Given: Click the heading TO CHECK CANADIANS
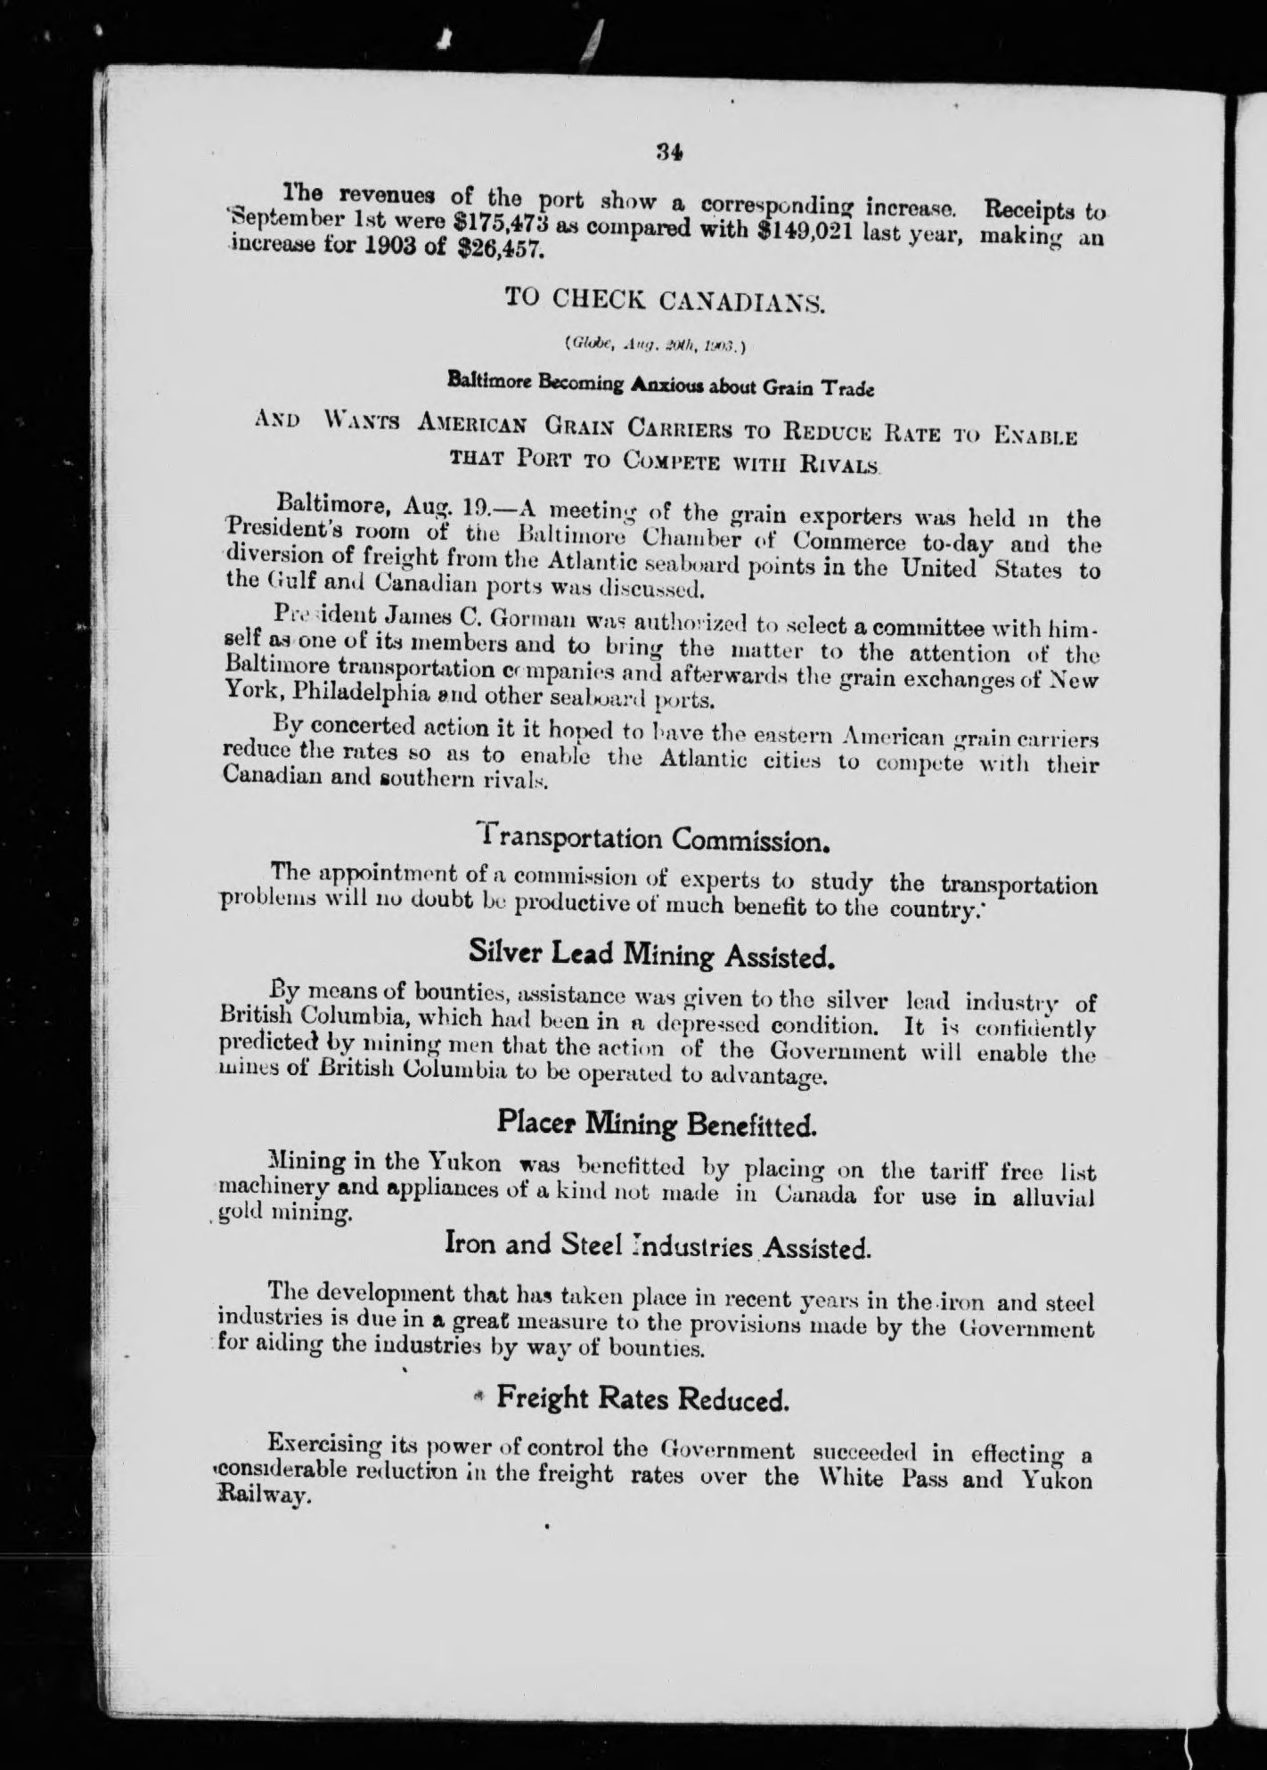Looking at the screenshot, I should pyautogui.click(x=666, y=300).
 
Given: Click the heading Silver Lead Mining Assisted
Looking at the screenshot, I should pyautogui.click(x=652, y=955).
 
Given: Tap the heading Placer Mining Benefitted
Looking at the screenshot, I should pyautogui.click(x=656, y=1123).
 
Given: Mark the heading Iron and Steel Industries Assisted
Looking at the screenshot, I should pyautogui.click(x=657, y=1246).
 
